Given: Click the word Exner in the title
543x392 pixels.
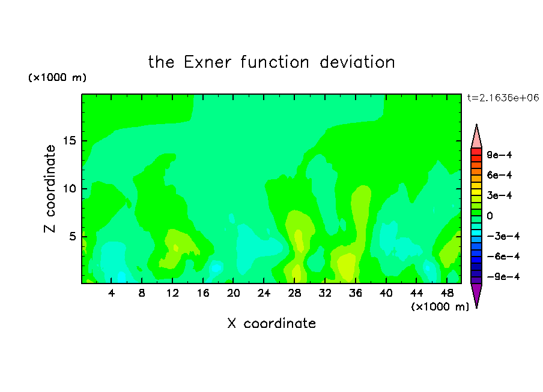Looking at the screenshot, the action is tap(207, 62).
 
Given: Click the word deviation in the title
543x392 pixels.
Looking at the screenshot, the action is tap(357, 62).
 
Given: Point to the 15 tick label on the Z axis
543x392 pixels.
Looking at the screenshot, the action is tap(70, 141).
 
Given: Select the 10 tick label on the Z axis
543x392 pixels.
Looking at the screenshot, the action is tap(70, 189).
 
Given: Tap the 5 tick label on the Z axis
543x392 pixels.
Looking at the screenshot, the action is tap(72, 236).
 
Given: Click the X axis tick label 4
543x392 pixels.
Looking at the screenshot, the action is tap(111, 293).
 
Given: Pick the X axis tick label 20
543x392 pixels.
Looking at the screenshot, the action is tap(234, 293).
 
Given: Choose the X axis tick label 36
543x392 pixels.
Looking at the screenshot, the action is tap(356, 293).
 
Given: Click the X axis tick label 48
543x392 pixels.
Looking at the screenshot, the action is tap(447, 293).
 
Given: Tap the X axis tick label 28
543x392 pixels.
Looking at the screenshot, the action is tap(294, 293).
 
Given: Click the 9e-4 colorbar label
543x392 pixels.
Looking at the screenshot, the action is tap(499, 155).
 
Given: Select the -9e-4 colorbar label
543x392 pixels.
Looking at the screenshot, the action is tap(503, 276).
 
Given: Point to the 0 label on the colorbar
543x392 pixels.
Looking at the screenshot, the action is tap(490, 216).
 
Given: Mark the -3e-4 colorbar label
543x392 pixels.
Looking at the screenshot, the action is tap(503, 236).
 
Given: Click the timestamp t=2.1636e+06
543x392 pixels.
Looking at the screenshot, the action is tap(503, 98).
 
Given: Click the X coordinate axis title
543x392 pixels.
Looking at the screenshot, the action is tap(272, 323).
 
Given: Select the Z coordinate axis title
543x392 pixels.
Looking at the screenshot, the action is tap(50, 189).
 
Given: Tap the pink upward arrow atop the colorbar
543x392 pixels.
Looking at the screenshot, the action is tap(476, 136).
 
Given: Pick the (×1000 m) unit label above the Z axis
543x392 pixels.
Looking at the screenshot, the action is tap(57, 77).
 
